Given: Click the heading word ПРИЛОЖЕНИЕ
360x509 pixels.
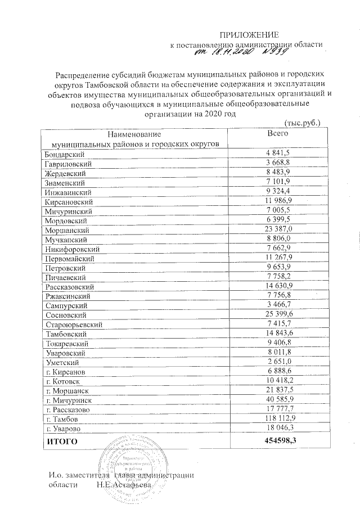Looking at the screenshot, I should pyautogui.click(x=249, y=35).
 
